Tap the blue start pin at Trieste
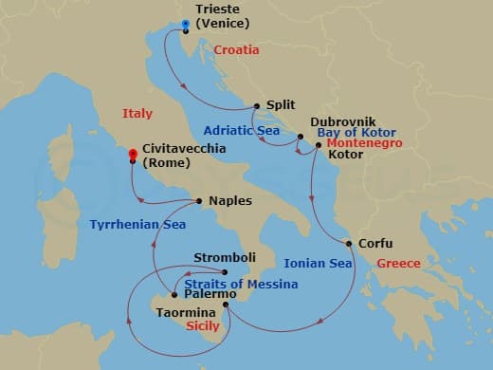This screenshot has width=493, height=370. pyautogui.click(x=186, y=23)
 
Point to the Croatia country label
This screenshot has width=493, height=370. pyautogui.click(x=236, y=49)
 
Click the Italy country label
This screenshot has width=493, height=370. pyautogui.click(x=137, y=114)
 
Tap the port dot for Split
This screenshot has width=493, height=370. pyautogui.click(x=257, y=107)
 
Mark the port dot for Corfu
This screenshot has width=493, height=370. pyautogui.click(x=349, y=244)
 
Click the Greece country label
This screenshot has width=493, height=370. pyautogui.click(x=397, y=263)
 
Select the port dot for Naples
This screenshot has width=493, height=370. pyautogui.click(x=199, y=201)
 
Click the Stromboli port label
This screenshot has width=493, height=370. pyautogui.click(x=225, y=257)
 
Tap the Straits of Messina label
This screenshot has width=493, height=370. pyautogui.click(x=242, y=284)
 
